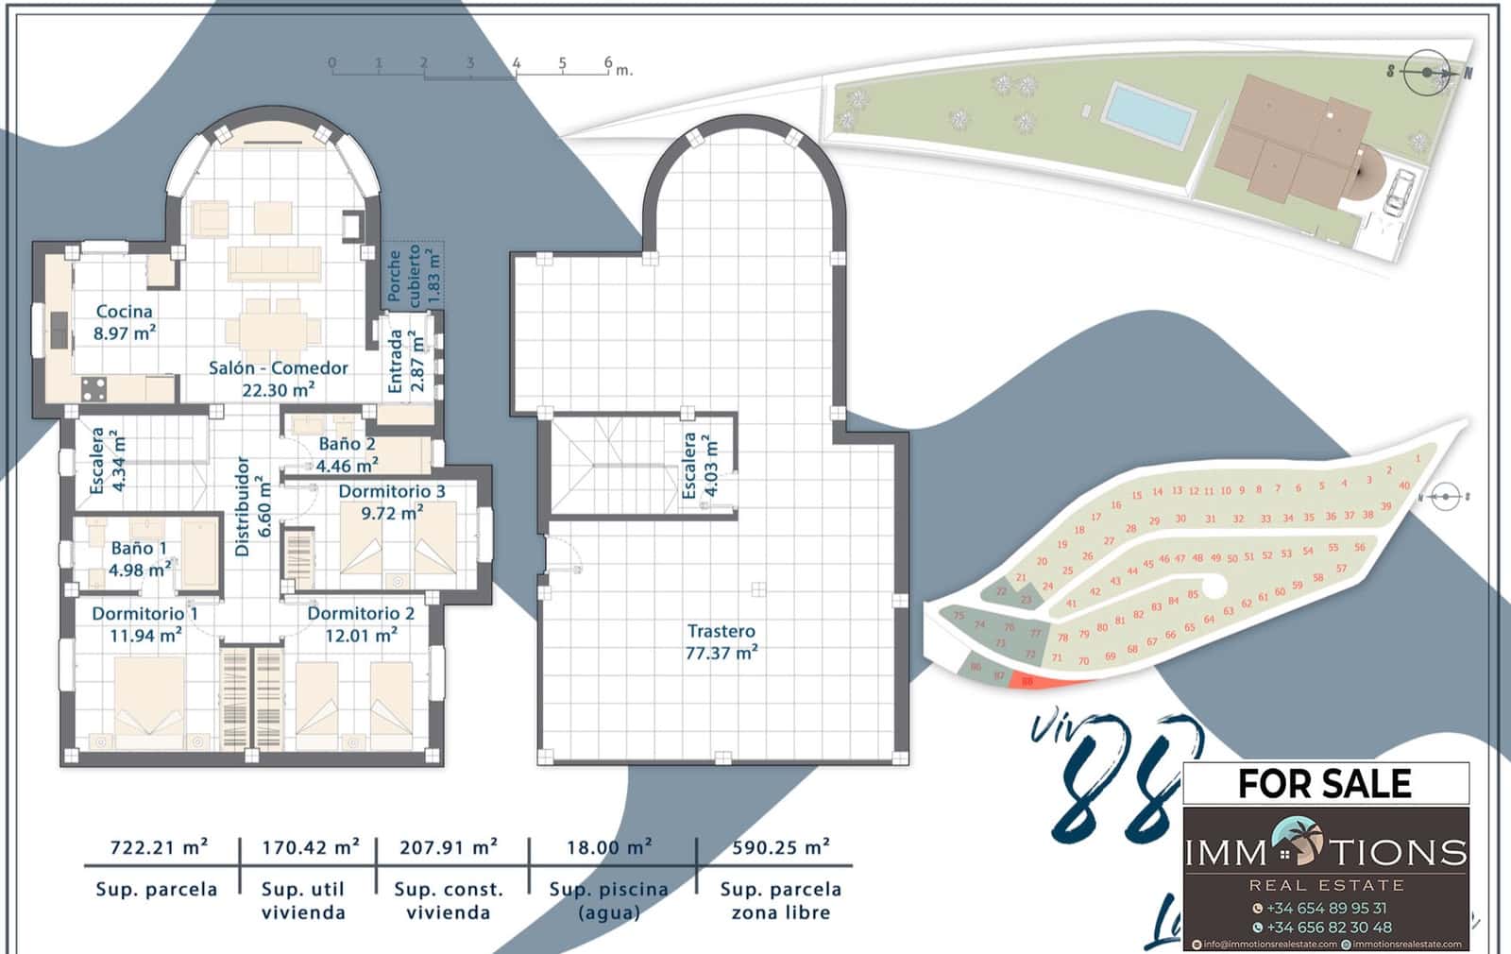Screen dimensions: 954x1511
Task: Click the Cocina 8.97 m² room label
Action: [125, 322]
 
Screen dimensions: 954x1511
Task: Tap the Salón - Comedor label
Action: [278, 378]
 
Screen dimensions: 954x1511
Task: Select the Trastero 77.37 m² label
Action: [722, 641]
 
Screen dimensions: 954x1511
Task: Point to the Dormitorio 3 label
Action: [392, 502]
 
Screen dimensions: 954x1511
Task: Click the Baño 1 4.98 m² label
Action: [139, 559]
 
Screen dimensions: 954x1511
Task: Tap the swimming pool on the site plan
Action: [1149, 114]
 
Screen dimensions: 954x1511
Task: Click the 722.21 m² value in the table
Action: [159, 847]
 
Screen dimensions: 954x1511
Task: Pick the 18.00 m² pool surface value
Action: [609, 847]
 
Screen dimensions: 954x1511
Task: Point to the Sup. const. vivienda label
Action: [449, 900]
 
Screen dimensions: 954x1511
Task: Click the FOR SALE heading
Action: [1324, 784]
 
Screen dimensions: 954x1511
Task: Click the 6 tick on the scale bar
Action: [608, 64]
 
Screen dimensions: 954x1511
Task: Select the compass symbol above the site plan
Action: [1427, 72]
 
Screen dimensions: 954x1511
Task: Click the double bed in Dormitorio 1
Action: [150, 704]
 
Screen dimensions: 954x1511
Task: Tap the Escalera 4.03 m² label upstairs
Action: [700, 465]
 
